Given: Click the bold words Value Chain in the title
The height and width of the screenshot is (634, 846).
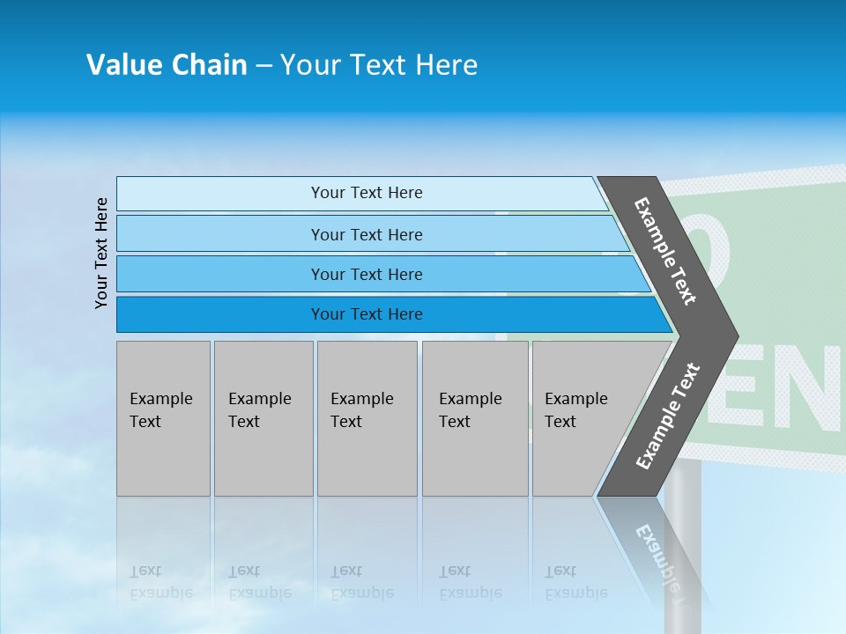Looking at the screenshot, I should pos(167,65).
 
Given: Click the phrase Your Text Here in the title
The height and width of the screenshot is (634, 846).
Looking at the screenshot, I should pos(379,65).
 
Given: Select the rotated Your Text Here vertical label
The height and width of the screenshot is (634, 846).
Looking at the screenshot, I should pos(101,253).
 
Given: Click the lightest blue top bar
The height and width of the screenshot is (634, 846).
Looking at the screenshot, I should pos(366,193).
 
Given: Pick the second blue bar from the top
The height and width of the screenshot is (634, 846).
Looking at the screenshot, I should pos(366,234).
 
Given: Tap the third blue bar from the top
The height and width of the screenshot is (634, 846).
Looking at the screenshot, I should pos(366,274).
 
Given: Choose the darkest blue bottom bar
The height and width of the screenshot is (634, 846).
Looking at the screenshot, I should pos(366,314).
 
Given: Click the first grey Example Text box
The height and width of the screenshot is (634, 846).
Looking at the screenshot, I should pos(163,418).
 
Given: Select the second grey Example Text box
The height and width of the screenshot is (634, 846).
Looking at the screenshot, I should pos(263,418).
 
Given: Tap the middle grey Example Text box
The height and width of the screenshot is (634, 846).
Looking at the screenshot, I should pos(367,418).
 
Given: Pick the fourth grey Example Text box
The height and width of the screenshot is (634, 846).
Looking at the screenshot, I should pos(474,418).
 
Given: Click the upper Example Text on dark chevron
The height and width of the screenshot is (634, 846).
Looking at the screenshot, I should pos(665,251).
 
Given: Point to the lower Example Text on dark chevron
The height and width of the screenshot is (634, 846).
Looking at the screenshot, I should pos(668,417).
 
